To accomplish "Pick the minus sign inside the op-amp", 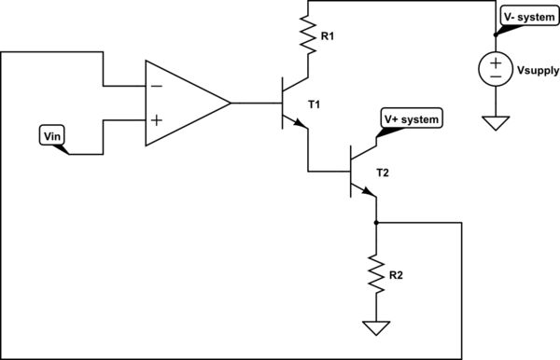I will point(155,85).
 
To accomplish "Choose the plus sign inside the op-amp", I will point(155,120).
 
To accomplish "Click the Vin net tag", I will point(52,136).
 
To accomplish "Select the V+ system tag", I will point(410,119).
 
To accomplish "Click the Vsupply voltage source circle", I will point(496,70).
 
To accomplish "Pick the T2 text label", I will point(383,173).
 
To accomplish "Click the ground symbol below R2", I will point(375,328).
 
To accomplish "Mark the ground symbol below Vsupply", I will point(496,120).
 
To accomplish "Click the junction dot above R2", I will point(375,223).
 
